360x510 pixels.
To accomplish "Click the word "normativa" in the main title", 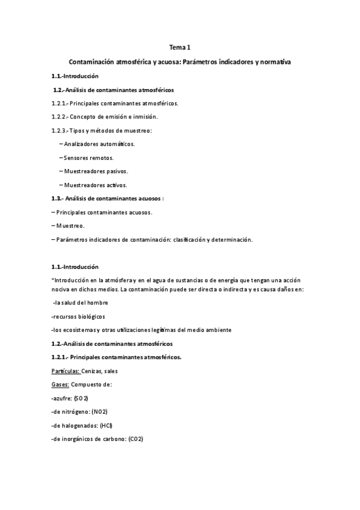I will point(273,63).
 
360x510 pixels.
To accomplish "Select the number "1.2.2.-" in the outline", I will point(60,117).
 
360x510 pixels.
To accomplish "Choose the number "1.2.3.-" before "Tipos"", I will point(60,131).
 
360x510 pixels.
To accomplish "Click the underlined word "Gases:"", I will point(61,384).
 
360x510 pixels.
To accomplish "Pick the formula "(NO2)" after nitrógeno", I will point(100,411).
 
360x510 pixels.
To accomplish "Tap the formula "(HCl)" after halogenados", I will point(106,425).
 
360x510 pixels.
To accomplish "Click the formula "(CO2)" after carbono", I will point(133,438).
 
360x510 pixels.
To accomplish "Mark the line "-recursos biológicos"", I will point(78,316).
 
